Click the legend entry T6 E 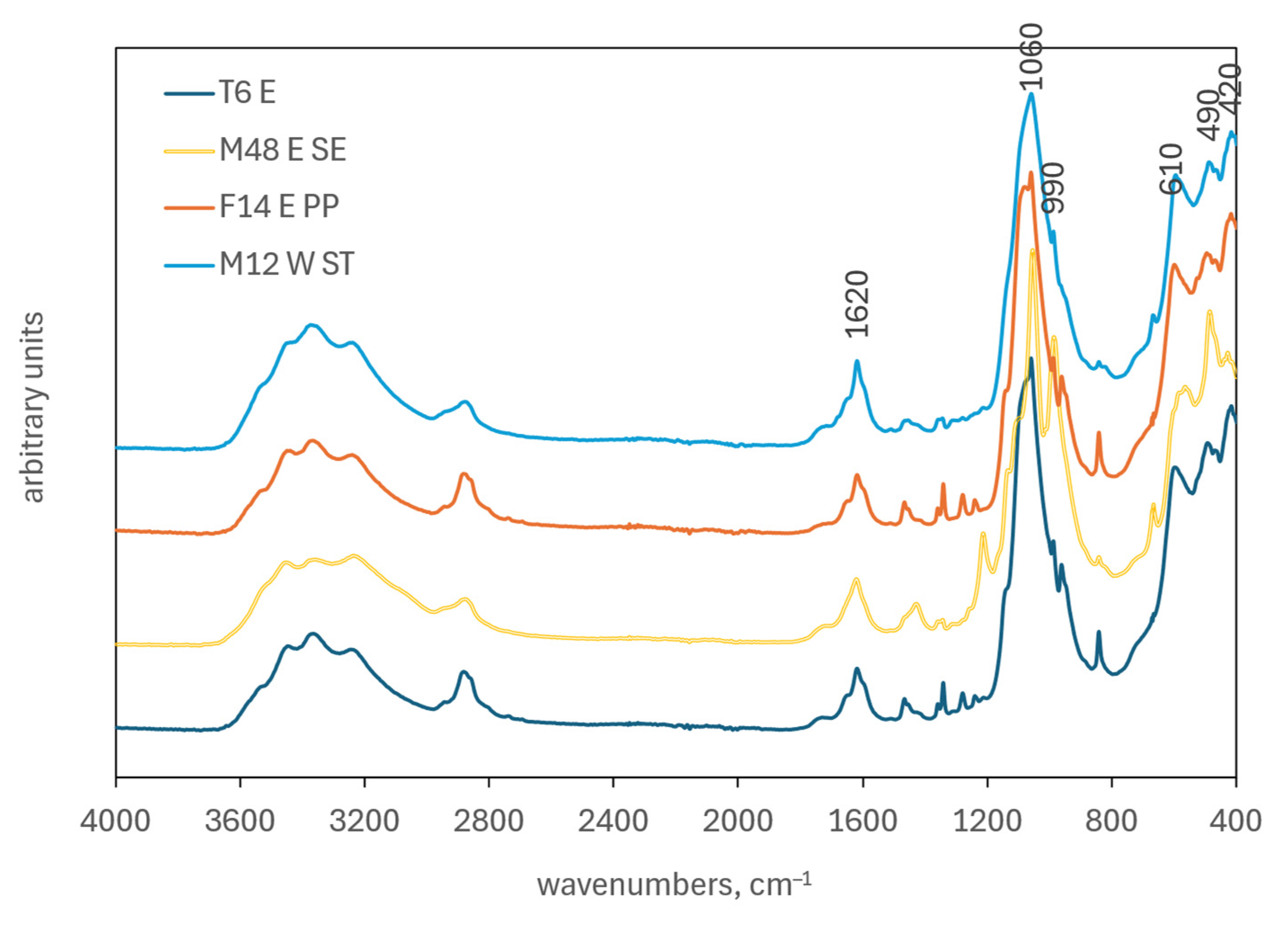click(247, 93)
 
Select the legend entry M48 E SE click(282, 150)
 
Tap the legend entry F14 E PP click(279, 206)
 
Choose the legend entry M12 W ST click(286, 264)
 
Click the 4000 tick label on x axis click(115, 821)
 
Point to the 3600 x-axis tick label click(239, 821)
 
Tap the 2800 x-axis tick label click(488, 821)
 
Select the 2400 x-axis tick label click(613, 821)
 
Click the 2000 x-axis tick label click(737, 821)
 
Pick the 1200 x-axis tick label click(987, 821)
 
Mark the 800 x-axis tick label click(1111, 821)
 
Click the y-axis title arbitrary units click(34, 407)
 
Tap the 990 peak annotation click(1053, 188)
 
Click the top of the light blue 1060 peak click(1031, 94)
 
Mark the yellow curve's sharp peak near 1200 click(983, 534)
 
